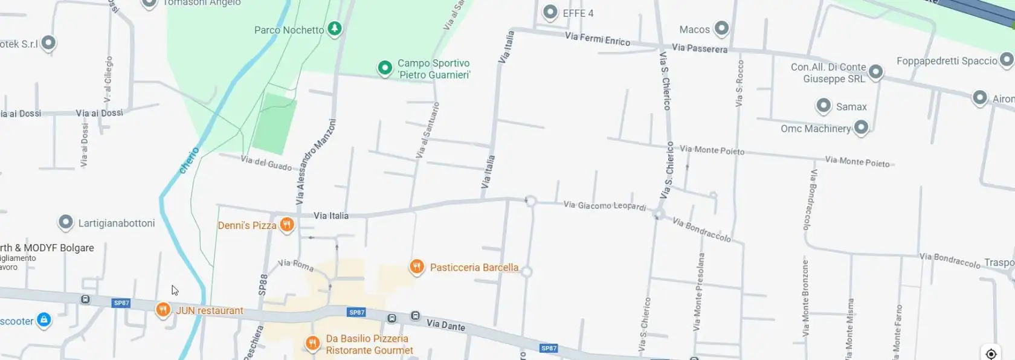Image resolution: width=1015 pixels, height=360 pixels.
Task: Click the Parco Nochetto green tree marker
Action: pos(334,28)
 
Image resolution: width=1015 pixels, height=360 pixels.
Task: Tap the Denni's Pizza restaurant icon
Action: pos(287,225)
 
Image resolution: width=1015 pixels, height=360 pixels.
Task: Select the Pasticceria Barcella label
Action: pos(474,268)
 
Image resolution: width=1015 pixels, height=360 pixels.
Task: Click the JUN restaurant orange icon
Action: pos(163,310)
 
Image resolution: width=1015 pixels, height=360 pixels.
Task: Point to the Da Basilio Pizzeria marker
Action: pos(312,344)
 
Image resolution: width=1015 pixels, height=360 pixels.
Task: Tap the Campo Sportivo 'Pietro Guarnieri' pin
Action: pos(385,68)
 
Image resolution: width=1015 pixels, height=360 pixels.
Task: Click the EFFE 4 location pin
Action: pos(550,12)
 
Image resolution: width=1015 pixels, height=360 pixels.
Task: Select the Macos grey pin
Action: pos(721,28)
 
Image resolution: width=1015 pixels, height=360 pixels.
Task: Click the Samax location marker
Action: pos(823,106)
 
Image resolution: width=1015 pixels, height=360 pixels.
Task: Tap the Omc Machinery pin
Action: pos(861,127)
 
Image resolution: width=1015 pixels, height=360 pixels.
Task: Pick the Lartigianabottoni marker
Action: pos(65,222)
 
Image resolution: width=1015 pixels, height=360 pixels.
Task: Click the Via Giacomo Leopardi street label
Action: pos(604,206)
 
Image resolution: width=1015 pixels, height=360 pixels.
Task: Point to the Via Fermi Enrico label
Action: pos(597,39)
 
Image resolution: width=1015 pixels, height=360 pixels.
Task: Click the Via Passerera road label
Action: pos(700,48)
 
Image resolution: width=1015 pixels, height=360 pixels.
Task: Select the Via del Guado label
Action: pos(266,162)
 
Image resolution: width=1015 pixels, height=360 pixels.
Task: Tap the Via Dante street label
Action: pos(446,325)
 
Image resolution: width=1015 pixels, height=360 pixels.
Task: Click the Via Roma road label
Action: pos(295,265)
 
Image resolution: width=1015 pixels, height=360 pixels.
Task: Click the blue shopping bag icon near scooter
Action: pos(43,320)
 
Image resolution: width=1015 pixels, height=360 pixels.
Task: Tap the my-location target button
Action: pos(991,353)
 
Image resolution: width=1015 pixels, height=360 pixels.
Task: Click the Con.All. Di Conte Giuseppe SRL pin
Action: pos(875,72)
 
